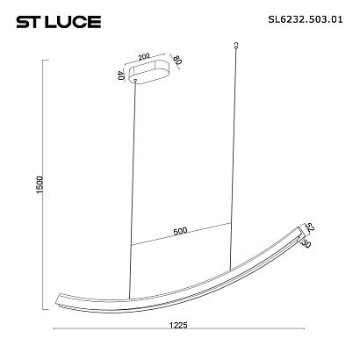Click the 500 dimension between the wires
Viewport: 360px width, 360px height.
181,232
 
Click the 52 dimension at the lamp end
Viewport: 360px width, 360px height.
309,227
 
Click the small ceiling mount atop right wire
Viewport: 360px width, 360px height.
239,43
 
